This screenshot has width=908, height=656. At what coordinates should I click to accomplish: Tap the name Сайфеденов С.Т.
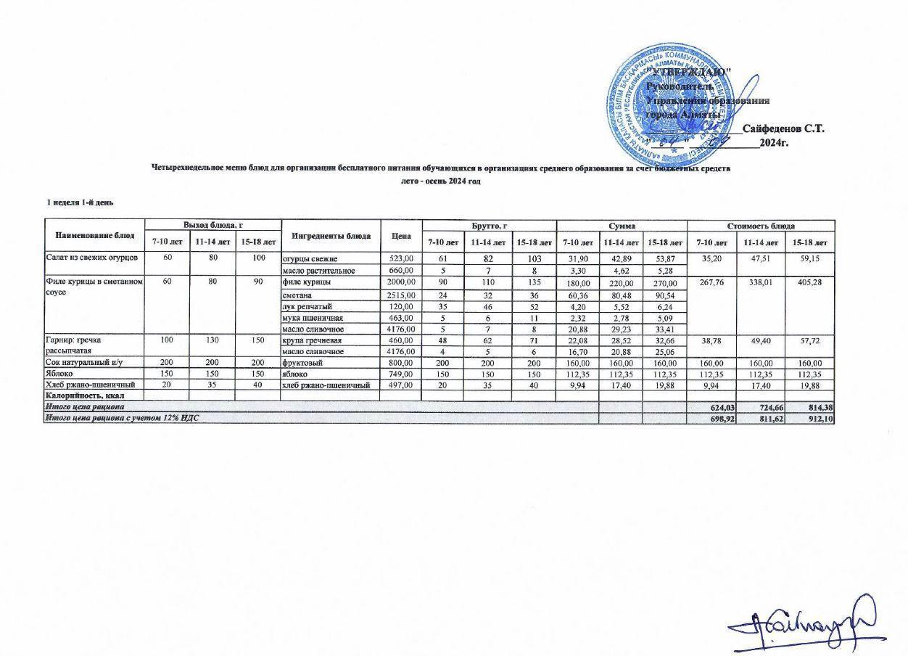coord(783,128)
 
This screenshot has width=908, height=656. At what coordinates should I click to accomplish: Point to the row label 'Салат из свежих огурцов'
coord(86,258)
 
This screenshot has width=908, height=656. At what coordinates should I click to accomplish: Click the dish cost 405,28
coord(809,282)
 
